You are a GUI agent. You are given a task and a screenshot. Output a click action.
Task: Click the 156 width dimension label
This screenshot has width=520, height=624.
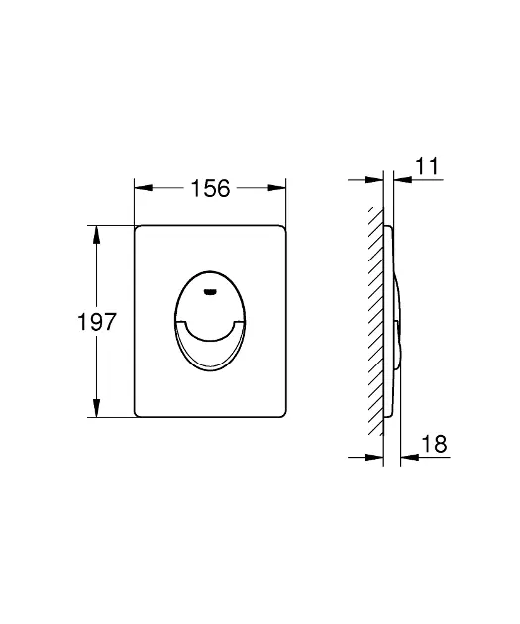coord(209,188)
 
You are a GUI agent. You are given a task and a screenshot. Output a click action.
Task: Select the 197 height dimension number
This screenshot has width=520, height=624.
coord(98,322)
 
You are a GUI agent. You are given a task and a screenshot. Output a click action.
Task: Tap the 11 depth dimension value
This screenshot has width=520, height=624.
coord(427,167)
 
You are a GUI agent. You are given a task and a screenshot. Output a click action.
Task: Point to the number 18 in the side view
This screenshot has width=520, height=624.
coord(434,446)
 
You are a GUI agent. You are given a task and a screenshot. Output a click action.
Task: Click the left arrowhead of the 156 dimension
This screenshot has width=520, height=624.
coord(140,186)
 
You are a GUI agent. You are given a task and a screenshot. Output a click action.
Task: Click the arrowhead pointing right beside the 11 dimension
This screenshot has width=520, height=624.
coord(377,179)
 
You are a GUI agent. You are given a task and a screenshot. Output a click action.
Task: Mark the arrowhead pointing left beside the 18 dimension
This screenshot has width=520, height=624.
coord(407,457)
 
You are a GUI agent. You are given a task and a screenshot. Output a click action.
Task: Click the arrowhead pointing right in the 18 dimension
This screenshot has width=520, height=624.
coord(377,457)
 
